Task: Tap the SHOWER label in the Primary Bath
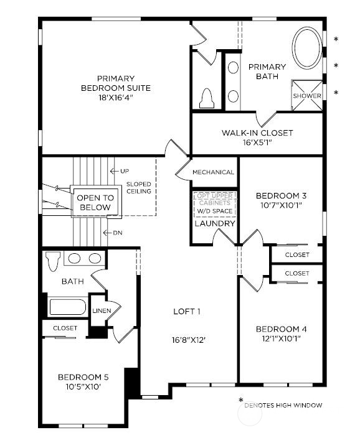tap(307, 96)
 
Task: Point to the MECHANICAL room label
tap(213, 172)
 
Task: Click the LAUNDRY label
tap(214, 223)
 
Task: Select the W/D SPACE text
tap(214, 211)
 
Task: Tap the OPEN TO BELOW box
tap(94, 202)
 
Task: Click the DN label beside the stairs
tap(117, 233)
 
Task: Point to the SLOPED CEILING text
tap(138, 188)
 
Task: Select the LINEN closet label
tap(102, 310)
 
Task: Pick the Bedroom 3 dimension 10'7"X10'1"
tap(281, 206)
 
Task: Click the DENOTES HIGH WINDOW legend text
tap(283, 406)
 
